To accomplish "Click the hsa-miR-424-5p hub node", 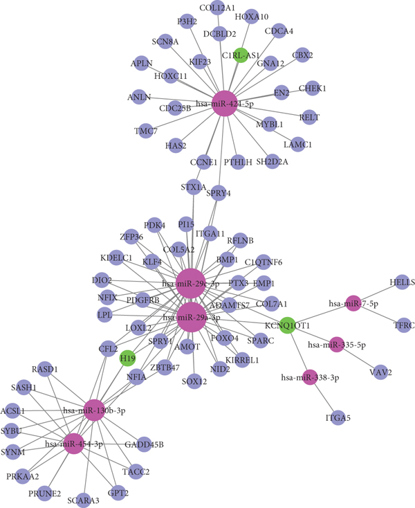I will (x=224, y=103).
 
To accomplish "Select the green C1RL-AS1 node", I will (x=241, y=55).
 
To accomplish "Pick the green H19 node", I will (x=127, y=358).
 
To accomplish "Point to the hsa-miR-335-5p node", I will (x=336, y=344).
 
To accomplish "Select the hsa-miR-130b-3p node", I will (x=95, y=410).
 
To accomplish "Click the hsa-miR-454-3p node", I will (x=74, y=444).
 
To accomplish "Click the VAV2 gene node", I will (x=380, y=373).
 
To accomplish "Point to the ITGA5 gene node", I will (x=334, y=417).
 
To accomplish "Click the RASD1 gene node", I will (x=45, y=370).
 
